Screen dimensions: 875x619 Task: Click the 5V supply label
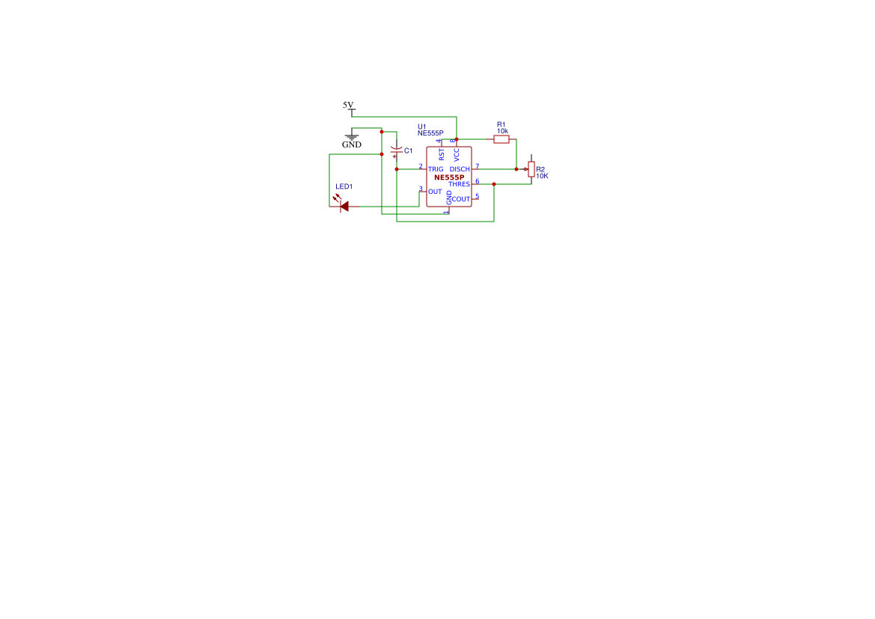click(x=348, y=105)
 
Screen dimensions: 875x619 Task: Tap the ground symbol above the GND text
click(x=352, y=137)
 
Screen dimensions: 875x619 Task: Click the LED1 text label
click(x=344, y=186)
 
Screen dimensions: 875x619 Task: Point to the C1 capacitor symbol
click(x=396, y=151)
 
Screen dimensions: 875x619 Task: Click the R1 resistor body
click(x=501, y=139)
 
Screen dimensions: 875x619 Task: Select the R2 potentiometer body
click(x=531, y=170)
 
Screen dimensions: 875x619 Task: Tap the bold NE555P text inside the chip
click(x=449, y=177)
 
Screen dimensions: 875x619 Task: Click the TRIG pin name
click(x=436, y=169)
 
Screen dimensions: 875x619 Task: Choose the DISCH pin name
click(x=460, y=169)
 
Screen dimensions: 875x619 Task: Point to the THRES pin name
click(x=460, y=184)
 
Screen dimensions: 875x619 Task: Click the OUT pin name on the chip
click(x=435, y=192)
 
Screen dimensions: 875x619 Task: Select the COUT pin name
click(x=461, y=199)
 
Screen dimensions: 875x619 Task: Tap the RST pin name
click(x=442, y=155)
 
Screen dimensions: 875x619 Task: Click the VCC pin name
click(x=457, y=155)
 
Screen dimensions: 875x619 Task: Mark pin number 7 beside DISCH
click(x=477, y=166)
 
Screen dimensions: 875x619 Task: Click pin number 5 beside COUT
click(x=477, y=196)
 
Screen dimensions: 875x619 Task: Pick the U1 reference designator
click(x=422, y=126)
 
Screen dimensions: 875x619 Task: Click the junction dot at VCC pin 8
click(x=457, y=139)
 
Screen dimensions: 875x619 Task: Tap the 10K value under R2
click(x=542, y=176)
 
